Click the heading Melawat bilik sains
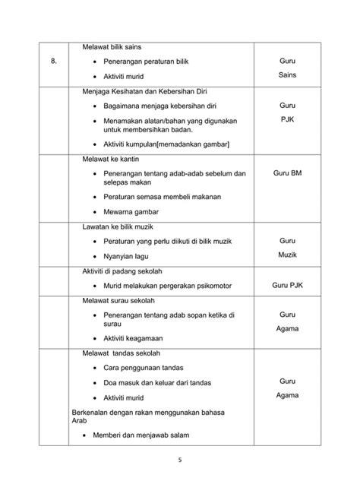[x=114, y=47]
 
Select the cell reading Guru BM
[x=287, y=173]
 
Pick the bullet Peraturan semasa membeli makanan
[x=163, y=197]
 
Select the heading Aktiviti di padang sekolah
[x=128, y=271]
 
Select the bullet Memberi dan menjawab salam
[x=146, y=435]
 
